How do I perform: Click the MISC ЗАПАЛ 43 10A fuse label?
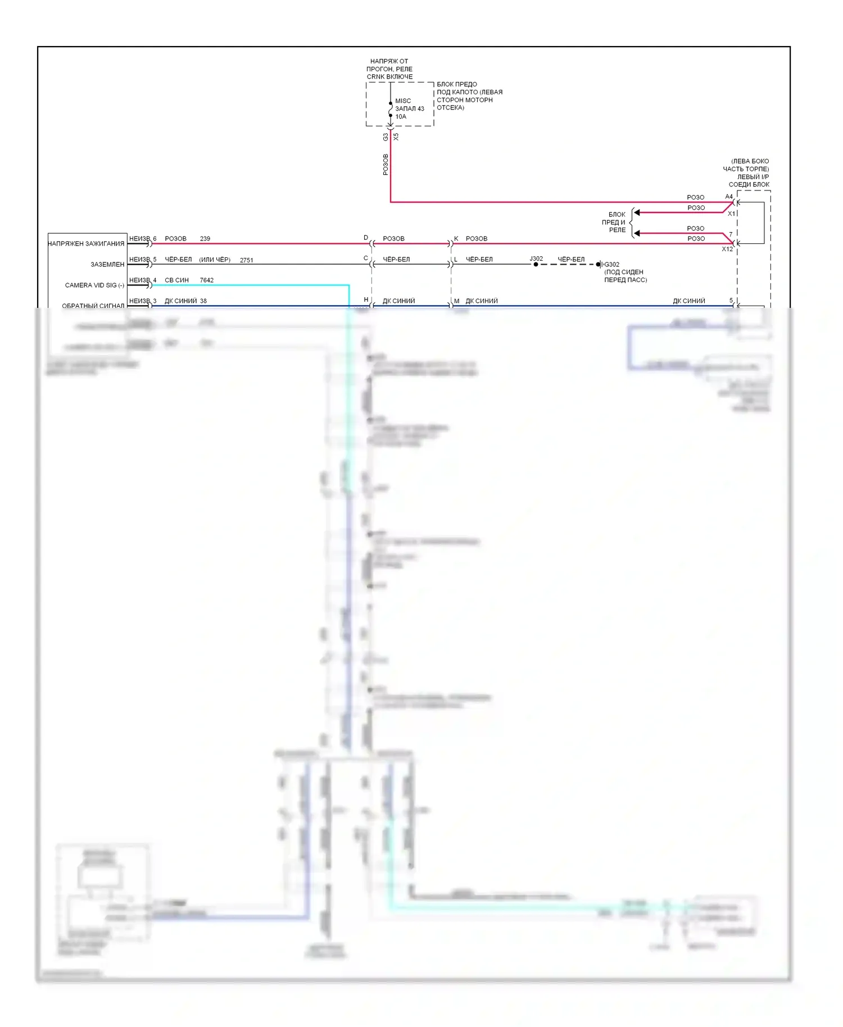(409, 109)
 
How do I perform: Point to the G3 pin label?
(386, 137)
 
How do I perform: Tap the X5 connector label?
(396, 137)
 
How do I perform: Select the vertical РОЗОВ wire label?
(386, 165)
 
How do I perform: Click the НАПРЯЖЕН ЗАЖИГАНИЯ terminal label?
(86, 244)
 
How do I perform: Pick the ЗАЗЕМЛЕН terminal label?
(107, 265)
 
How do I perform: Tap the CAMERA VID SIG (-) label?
(94, 285)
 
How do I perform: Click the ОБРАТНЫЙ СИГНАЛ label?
(93, 306)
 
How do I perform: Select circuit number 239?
(205, 239)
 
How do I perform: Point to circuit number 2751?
(246, 260)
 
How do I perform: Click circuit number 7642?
(207, 280)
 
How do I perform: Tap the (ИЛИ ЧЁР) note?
(215, 260)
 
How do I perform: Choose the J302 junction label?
(536, 259)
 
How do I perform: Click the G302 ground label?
(612, 265)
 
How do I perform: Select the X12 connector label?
(727, 249)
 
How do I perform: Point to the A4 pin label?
(729, 197)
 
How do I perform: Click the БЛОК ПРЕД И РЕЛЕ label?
(615, 222)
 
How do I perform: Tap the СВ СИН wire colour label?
(176, 280)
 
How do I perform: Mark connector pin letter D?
(366, 238)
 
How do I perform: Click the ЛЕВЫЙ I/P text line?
(753, 177)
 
